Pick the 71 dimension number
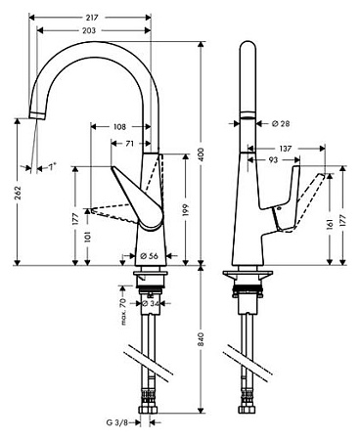pyautogui.click(x=130, y=144)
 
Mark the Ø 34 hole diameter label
pyautogui.click(x=152, y=303)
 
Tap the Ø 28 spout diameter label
pyautogui.click(x=281, y=124)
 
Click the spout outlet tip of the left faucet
pyautogui.click(x=38, y=116)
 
